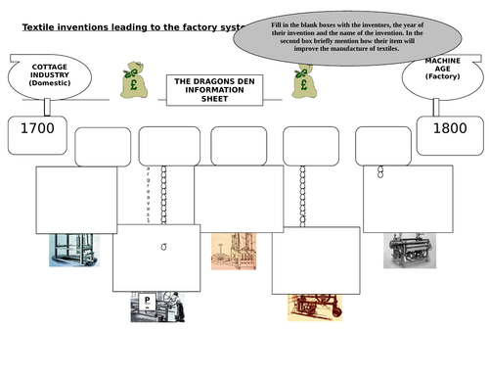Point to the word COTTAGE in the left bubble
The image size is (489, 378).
pyautogui.click(x=48, y=67)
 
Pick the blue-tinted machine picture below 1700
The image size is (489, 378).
pyautogui.click(x=72, y=244)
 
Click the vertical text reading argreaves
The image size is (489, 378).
pyautogui.click(x=147, y=197)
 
